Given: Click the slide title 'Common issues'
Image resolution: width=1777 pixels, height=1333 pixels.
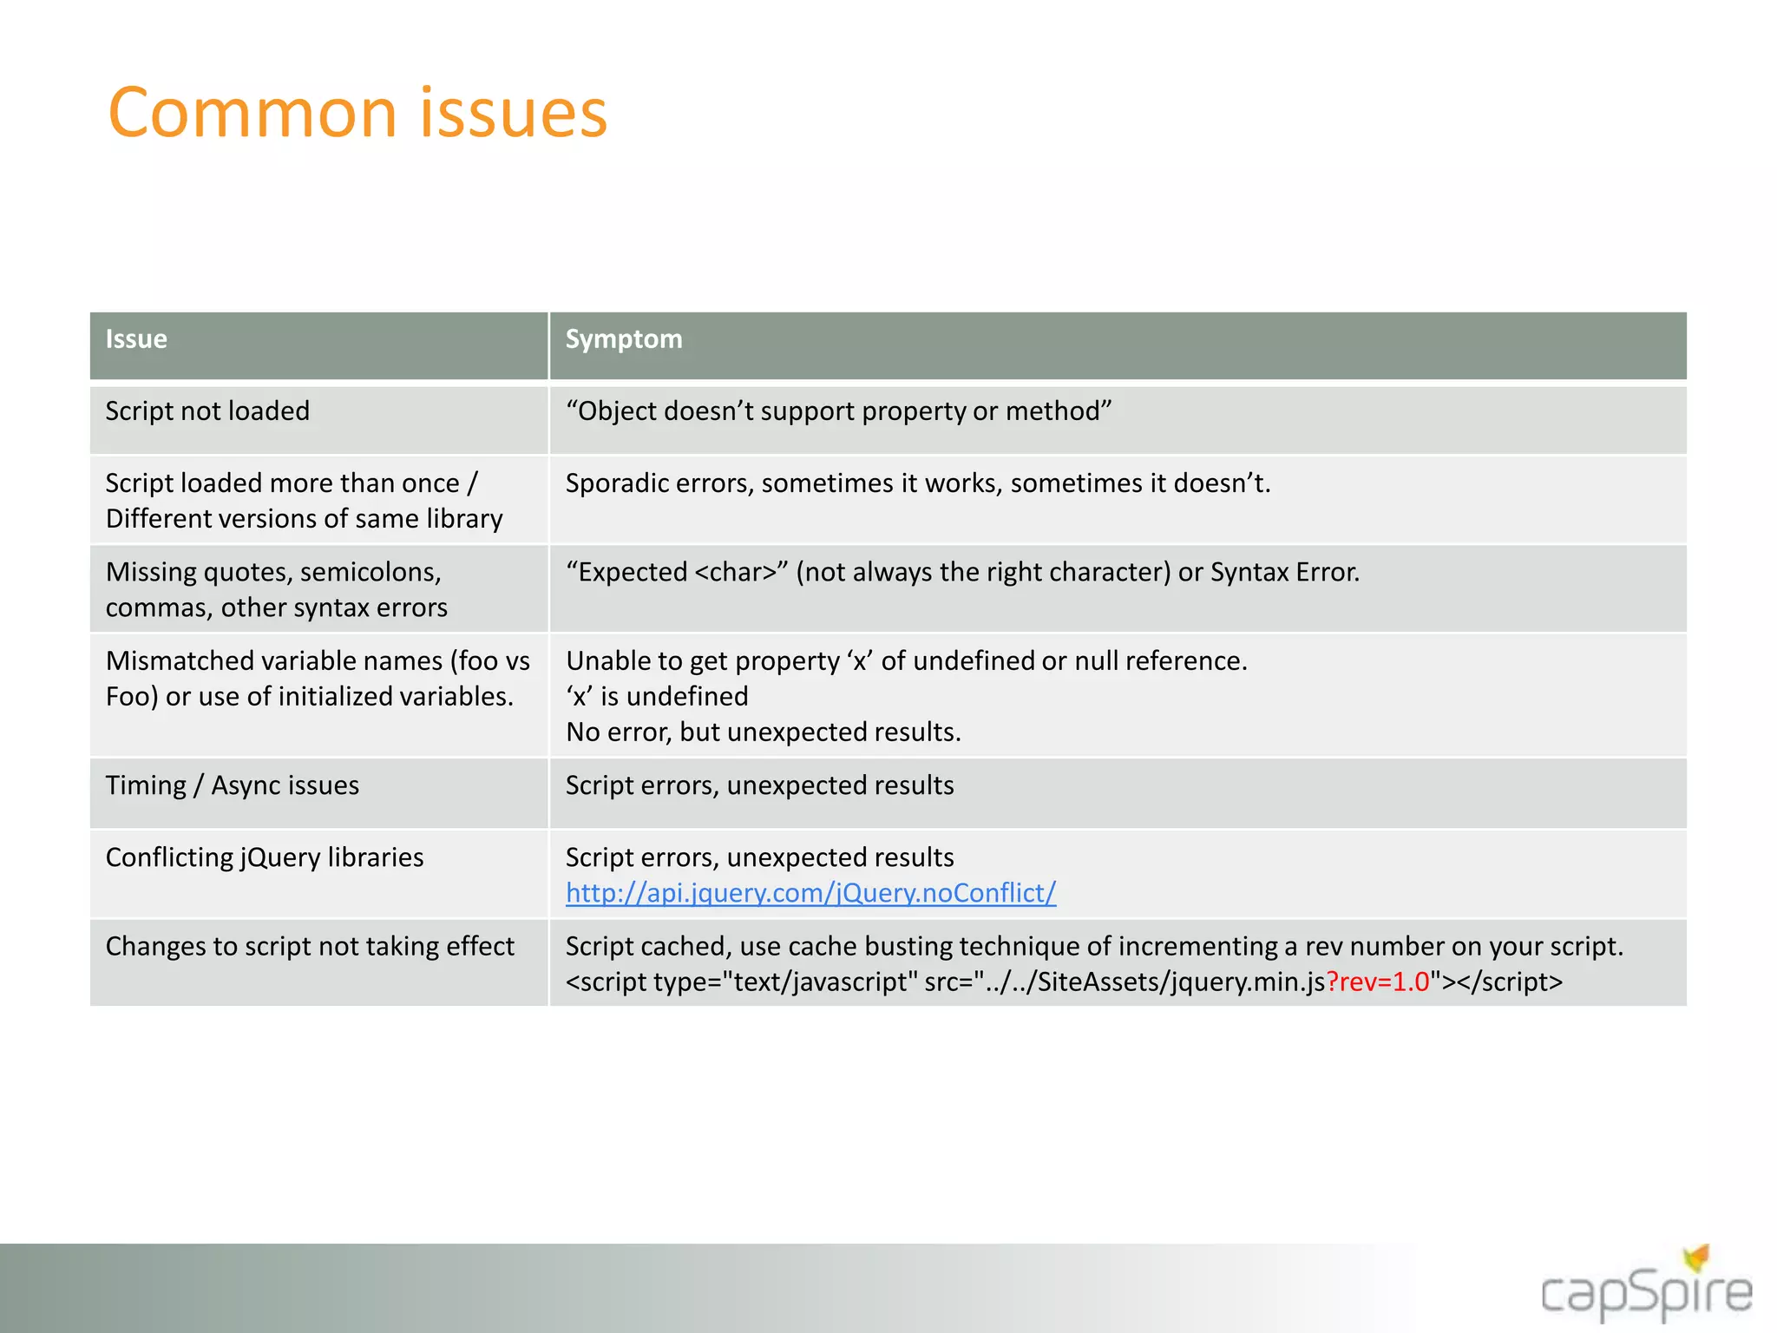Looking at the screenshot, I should pyautogui.click(x=357, y=113).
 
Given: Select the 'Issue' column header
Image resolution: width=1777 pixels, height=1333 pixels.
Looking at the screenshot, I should pyautogui.click(x=136, y=339).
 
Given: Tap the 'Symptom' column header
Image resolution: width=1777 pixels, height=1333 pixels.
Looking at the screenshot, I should pyautogui.click(x=624, y=339).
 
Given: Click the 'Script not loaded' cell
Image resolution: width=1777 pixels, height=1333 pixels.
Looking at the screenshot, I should pyautogui.click(x=207, y=411).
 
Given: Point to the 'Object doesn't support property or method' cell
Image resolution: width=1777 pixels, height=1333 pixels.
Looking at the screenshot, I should pyautogui.click(x=838, y=411).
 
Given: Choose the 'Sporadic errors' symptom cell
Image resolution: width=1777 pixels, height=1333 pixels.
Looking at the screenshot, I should pyautogui.click(x=918, y=483).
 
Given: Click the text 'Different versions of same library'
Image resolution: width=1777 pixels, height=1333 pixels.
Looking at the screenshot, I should pyautogui.click(x=304, y=519).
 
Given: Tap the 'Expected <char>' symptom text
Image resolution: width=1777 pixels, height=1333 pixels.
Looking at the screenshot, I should pyautogui.click(x=962, y=573).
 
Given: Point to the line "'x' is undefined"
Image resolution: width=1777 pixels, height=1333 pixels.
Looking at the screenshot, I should pyautogui.click(x=657, y=697).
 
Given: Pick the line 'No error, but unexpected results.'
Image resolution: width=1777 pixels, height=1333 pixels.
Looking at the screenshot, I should pyautogui.click(x=764, y=732).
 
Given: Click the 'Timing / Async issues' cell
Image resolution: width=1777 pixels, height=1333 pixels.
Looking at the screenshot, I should pyautogui.click(x=233, y=786).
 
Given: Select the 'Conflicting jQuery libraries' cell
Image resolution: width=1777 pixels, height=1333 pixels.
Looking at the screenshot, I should pyautogui.click(x=265, y=858).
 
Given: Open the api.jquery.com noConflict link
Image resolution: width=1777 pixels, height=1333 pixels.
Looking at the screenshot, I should pyautogui.click(x=810, y=893).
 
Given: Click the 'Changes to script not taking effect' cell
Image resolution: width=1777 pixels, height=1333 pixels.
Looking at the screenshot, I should pyautogui.click(x=310, y=947).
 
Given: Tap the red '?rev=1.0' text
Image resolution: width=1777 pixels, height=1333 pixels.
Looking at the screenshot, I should pyautogui.click(x=1378, y=982).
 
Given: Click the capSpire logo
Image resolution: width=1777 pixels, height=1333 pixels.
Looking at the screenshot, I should pyautogui.click(x=1645, y=1295).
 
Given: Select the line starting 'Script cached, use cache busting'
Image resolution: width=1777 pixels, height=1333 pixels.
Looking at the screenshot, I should pyautogui.click(x=1094, y=947).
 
